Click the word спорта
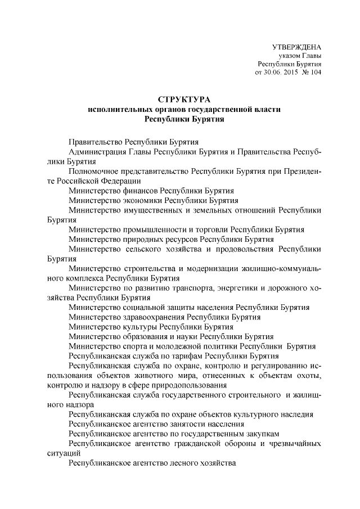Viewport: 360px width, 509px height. click(x=133, y=346)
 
